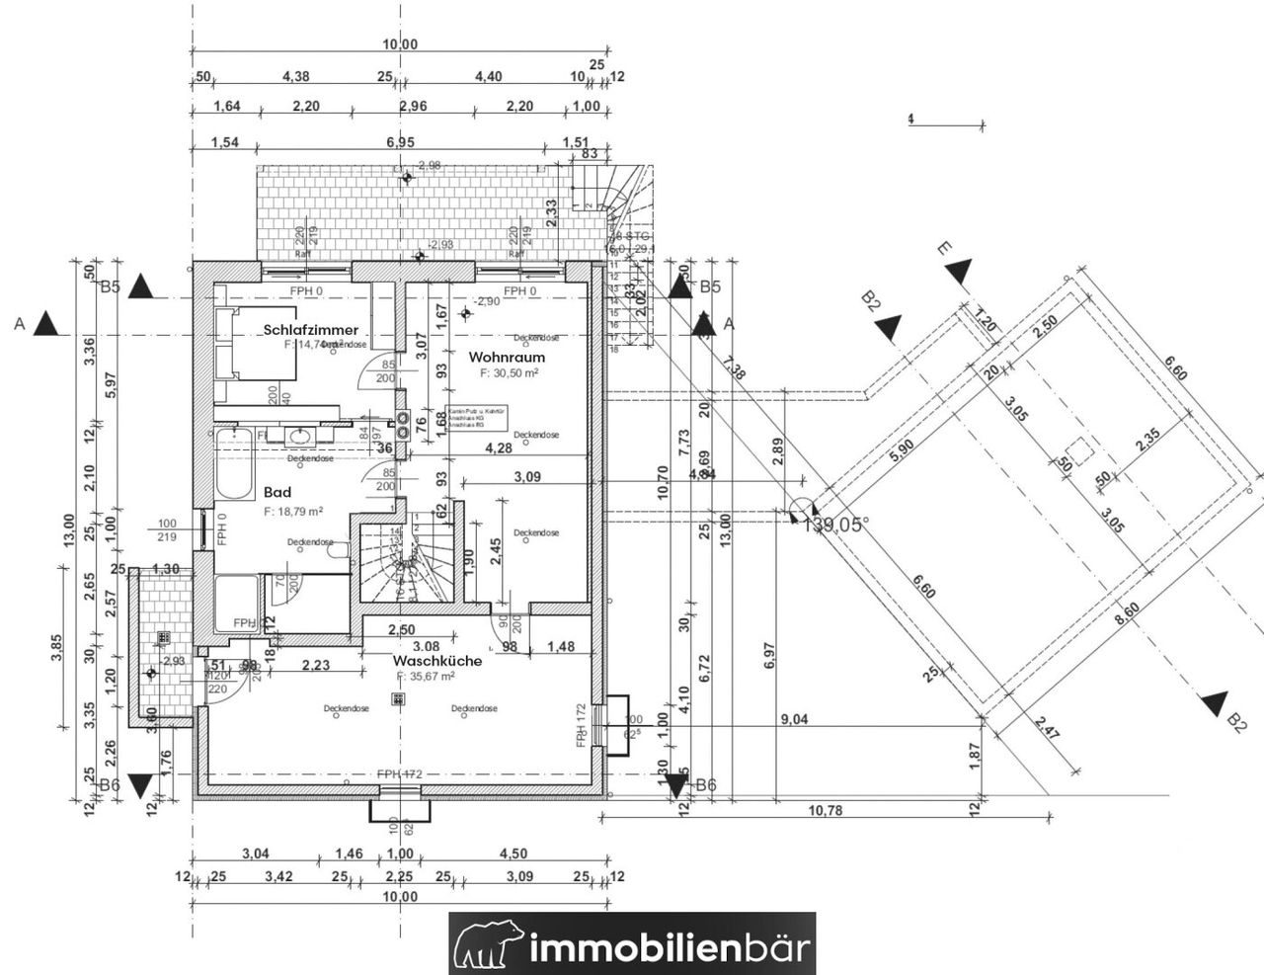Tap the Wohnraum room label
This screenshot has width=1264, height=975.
coord(507,357)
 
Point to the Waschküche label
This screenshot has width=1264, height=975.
coord(437,660)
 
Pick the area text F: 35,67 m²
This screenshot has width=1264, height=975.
coord(426,677)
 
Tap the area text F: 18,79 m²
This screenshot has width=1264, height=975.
coord(296,513)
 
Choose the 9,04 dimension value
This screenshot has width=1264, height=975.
coord(793,719)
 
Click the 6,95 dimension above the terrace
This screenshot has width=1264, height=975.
coord(400,142)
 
